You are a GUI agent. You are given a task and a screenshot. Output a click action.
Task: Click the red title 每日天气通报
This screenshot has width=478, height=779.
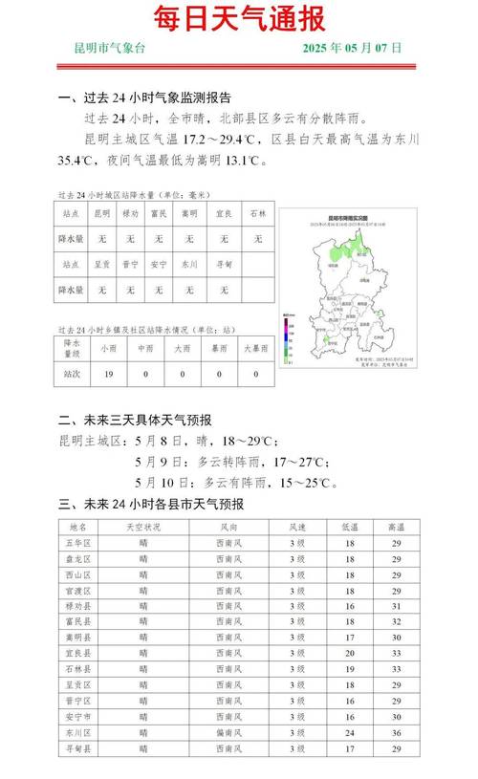[x=239, y=18]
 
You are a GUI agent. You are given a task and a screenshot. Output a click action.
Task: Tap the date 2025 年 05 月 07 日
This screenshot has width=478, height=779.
[x=353, y=47]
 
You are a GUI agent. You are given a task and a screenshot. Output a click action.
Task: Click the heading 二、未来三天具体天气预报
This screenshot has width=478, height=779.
[x=135, y=420]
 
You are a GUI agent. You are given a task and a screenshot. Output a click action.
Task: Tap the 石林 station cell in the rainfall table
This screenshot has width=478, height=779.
[x=258, y=213]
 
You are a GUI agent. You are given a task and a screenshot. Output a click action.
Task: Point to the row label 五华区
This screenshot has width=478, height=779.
[x=79, y=542]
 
